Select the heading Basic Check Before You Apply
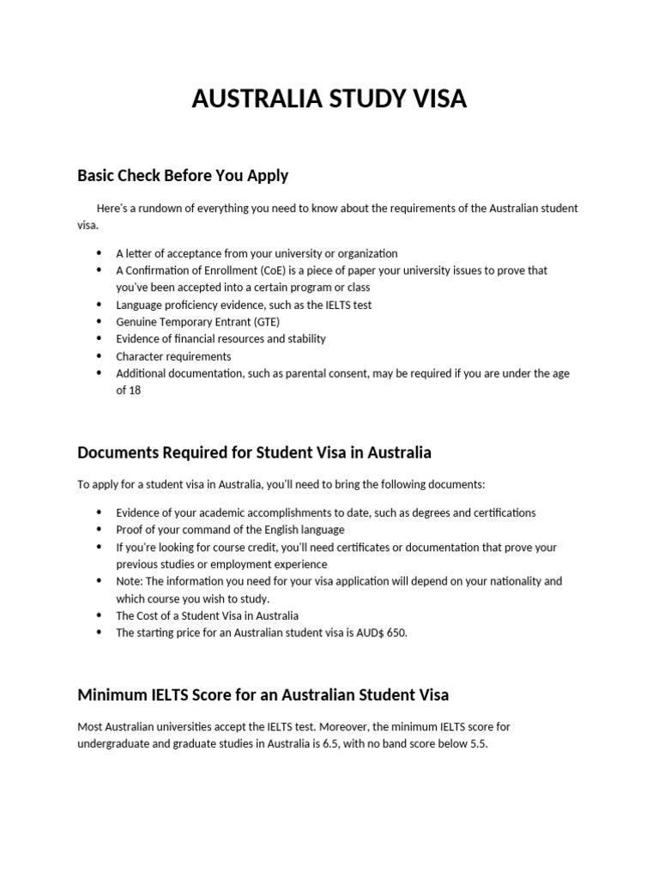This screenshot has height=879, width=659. click(x=183, y=176)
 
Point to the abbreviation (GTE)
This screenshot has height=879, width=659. click(x=263, y=322)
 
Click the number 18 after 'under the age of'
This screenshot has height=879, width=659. click(x=134, y=391)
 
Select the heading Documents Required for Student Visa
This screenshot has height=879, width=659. click(x=254, y=452)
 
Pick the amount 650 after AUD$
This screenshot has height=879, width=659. click(x=396, y=633)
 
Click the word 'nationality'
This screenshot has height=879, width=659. click(x=512, y=581)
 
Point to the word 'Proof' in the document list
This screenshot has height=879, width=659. click(x=130, y=530)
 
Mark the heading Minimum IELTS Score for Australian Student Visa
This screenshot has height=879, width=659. click(x=263, y=694)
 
